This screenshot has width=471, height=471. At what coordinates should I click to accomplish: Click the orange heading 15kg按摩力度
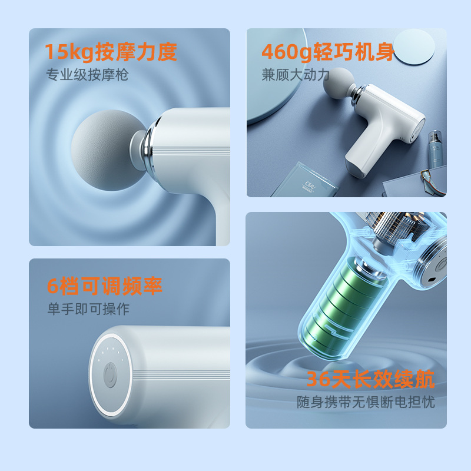click(111, 52)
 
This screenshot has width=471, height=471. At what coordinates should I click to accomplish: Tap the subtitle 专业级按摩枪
click(88, 75)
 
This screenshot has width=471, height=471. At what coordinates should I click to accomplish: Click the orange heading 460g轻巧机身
click(328, 52)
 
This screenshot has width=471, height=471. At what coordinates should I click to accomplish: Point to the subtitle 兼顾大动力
click(296, 75)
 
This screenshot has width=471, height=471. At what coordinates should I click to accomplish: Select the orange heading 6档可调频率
click(105, 286)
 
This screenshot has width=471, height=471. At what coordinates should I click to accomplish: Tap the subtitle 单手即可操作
click(88, 309)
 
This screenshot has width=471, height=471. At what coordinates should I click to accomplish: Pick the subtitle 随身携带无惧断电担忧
click(366, 403)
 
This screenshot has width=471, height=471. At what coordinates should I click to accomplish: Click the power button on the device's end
click(110, 375)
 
